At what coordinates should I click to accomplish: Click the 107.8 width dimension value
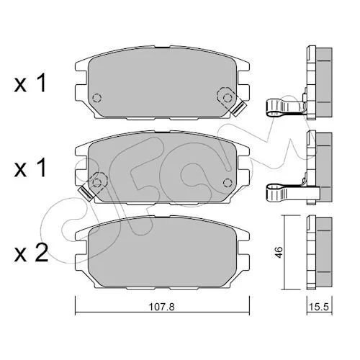coord(162,307)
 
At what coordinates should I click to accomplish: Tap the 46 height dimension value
coord(279,253)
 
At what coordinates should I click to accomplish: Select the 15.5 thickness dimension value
coord(319,307)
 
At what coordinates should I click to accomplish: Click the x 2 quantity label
coord(31,253)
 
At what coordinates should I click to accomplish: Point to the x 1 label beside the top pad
coord(30,83)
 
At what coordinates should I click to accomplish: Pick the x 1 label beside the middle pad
coord(30,168)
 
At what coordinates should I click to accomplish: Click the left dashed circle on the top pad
coord(97,98)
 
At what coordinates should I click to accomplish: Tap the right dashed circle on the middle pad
coord(228,183)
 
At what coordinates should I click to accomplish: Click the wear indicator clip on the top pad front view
coord(238,109)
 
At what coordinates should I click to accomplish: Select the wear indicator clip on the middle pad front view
coord(86,194)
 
